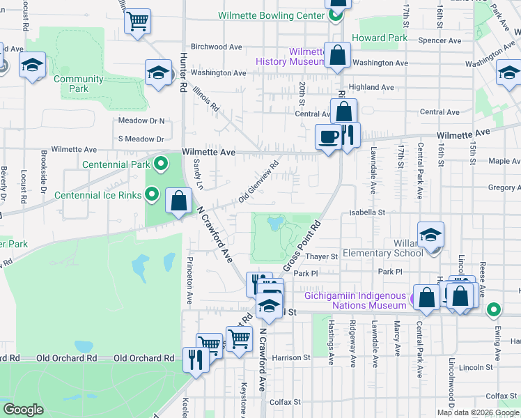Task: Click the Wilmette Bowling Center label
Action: click(271, 15)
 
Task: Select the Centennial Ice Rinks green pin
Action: click(152, 195)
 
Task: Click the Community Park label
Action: click(79, 84)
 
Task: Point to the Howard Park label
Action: click(379, 38)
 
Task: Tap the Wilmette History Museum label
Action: click(290, 56)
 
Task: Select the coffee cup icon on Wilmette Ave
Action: click(328, 136)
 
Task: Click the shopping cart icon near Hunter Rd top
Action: click(138, 21)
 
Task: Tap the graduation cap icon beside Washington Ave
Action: click(159, 72)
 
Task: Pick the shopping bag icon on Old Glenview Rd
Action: click(179, 201)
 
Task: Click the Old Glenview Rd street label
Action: click(258, 183)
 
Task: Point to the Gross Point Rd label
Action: click(301, 247)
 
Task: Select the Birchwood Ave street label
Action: click(216, 47)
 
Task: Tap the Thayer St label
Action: click(324, 256)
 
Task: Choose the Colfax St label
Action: click(285, 402)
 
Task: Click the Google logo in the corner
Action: click(23, 410)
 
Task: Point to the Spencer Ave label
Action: click(440, 41)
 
